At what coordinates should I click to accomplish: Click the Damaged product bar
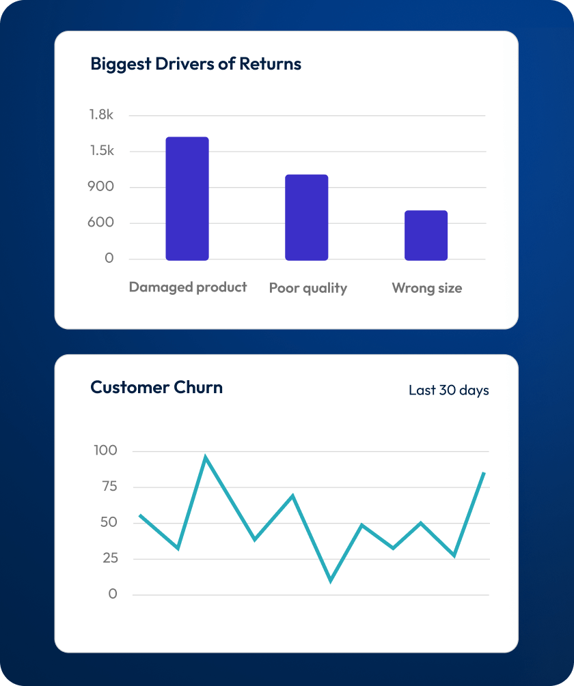[x=187, y=199]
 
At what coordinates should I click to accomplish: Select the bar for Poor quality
[x=306, y=217]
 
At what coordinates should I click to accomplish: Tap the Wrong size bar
[x=426, y=235]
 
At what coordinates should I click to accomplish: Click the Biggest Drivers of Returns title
[x=195, y=64]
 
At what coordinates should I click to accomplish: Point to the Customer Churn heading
[x=156, y=388]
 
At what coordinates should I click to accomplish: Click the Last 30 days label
[x=448, y=390]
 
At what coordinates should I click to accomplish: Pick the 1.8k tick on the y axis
[x=101, y=115]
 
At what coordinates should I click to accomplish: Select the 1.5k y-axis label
[x=101, y=151]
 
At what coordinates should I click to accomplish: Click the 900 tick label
[x=100, y=187]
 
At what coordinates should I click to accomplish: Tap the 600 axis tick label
[x=100, y=223]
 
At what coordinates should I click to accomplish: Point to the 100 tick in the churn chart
[x=105, y=451]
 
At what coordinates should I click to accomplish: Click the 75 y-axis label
[x=109, y=487]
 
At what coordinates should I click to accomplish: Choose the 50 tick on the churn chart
[x=109, y=523]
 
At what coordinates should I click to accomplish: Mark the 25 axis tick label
[x=109, y=558]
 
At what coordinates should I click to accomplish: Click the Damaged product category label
[x=188, y=287]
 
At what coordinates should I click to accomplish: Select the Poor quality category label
[x=308, y=288]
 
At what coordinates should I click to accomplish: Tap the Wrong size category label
[x=426, y=288]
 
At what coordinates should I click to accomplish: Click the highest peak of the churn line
[x=205, y=457]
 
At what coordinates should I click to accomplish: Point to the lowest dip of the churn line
[x=331, y=581]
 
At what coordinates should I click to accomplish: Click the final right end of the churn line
[x=484, y=472]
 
